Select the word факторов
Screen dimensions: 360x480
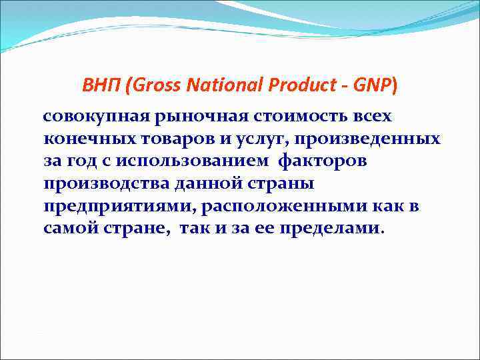click(x=320, y=162)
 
